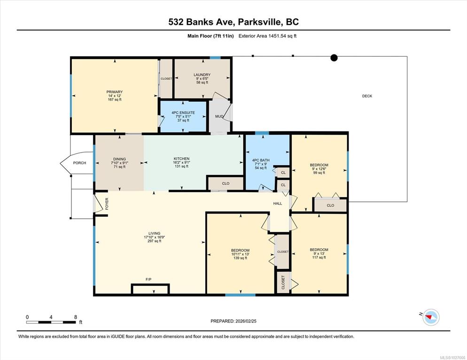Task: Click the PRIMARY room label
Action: [x=114, y=92]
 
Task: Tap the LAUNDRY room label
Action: [x=202, y=75]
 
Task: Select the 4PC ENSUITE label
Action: [x=183, y=113]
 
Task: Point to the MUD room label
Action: [x=219, y=116]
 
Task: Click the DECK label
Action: [x=367, y=96]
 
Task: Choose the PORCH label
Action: [x=79, y=163]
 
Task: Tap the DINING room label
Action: [x=119, y=159]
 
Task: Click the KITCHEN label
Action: [x=182, y=159]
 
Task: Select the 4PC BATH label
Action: [x=261, y=160]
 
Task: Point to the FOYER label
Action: [x=107, y=204]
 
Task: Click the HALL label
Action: [x=278, y=204]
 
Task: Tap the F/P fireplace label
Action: [x=148, y=279]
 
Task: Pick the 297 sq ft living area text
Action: [x=154, y=241]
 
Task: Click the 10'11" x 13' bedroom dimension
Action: [x=241, y=254]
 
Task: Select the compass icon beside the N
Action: [x=431, y=317]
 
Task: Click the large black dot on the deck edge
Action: [x=334, y=58]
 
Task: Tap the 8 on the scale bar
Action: [x=76, y=317]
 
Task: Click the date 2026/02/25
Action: [x=246, y=321]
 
